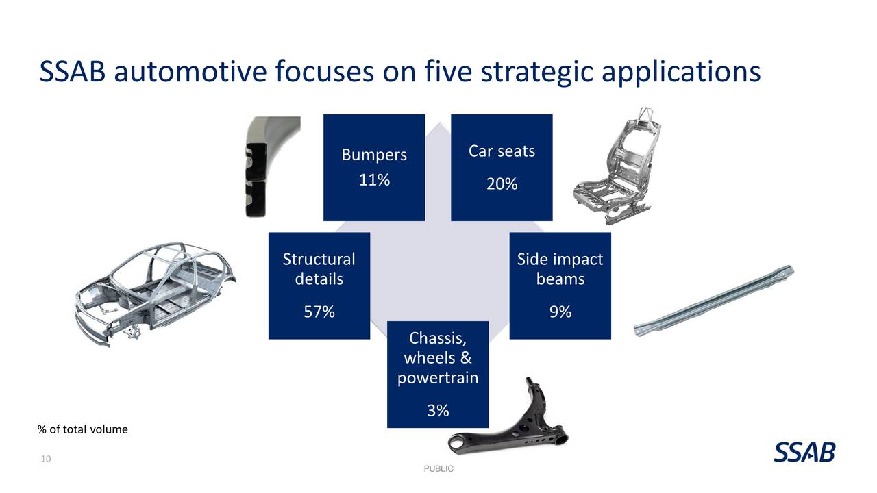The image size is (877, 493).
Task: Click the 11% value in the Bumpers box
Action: coord(374,181)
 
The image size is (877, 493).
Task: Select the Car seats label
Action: coord(502,151)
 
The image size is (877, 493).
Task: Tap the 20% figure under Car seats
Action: coord(502,184)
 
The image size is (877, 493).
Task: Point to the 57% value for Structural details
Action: coord(319,312)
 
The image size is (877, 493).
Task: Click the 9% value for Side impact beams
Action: coord(560,312)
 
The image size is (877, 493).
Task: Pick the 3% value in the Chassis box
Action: coord(438,410)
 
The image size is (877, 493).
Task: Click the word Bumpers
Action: coord(374,155)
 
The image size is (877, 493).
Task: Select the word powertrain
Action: coord(438,377)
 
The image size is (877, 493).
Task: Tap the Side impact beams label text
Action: coord(560,269)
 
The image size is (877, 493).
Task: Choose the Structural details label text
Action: coord(319,269)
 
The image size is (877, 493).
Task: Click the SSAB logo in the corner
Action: coord(805,452)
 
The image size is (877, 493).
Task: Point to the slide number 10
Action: coord(46,458)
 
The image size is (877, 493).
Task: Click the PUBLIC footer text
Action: coord(438,468)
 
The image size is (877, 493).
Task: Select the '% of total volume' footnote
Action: coord(82,429)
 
